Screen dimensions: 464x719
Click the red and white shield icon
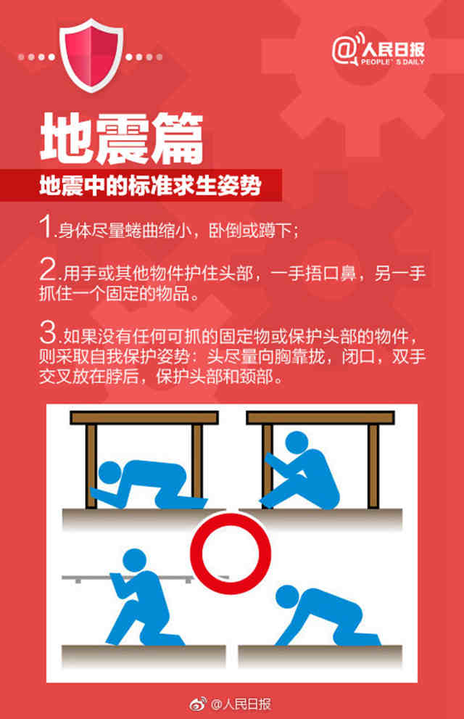click(91, 55)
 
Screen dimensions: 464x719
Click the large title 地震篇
click(121, 139)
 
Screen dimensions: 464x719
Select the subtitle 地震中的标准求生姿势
click(150, 186)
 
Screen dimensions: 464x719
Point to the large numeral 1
click(46, 226)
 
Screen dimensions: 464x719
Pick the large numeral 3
click(48, 332)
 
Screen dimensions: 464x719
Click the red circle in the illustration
click(231, 554)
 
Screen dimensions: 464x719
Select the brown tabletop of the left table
click(144, 417)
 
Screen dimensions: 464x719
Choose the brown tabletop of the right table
click(320, 417)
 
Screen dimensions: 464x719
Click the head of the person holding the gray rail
click(135, 560)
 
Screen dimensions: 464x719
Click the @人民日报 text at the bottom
click(241, 704)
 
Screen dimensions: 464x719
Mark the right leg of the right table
click(373, 466)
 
